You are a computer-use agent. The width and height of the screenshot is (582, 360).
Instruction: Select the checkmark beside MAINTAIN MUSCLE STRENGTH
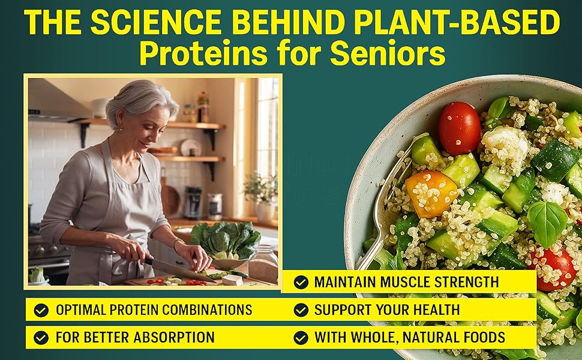301,282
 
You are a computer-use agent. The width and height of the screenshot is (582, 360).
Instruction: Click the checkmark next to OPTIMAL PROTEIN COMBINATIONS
41,310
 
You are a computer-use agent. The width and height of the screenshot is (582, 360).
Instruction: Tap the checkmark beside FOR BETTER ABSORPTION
41,338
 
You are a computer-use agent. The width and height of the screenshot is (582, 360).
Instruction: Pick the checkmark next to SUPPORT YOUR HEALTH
301,310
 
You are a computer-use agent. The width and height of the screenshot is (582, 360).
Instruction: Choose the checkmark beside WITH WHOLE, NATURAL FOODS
301,338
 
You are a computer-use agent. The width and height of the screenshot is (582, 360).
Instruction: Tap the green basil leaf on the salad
547,223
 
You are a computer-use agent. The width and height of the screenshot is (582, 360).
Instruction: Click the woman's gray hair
141,99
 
